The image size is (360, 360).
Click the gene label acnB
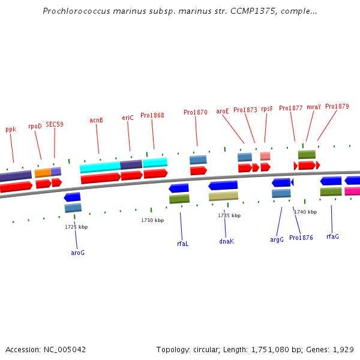[x=96, y=120]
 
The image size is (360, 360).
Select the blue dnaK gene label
[x=226, y=241]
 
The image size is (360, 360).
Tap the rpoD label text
[x=35, y=126]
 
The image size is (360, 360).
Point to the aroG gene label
[x=77, y=253]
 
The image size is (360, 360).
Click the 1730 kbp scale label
[x=152, y=220]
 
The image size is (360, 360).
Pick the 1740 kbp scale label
[x=305, y=212]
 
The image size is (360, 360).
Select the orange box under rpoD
[x=43, y=173]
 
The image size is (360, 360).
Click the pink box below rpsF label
[x=265, y=156]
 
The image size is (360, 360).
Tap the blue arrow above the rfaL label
[x=179, y=188]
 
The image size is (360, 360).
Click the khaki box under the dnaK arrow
[x=223, y=196]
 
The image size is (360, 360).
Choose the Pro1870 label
[x=196, y=112]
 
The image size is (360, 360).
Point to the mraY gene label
[x=314, y=107]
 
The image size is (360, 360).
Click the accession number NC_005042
[x=65, y=350]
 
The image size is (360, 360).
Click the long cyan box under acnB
[x=100, y=167]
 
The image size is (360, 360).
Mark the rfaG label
[x=332, y=236]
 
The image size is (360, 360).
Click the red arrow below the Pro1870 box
[x=199, y=171]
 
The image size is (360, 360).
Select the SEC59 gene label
[x=55, y=124]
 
